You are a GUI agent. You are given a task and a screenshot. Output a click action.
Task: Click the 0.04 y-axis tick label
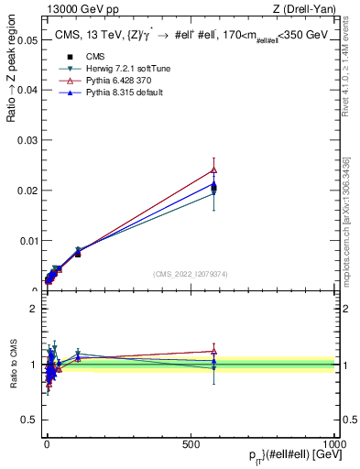pos(27,91)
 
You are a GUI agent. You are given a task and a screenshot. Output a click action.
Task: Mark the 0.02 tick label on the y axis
pos(27,191)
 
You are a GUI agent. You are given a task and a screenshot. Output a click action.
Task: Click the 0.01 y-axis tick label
pos(27,241)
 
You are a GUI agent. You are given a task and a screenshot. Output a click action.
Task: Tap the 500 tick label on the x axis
pos(191,442)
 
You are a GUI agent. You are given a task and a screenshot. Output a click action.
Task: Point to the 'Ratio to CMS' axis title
pos(13,364)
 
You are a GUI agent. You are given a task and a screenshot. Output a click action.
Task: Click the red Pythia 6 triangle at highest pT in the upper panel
pos(213,169)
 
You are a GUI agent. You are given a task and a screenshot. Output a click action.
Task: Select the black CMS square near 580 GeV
pos(213,189)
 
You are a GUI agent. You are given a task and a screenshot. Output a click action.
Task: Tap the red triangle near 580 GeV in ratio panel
pos(213,351)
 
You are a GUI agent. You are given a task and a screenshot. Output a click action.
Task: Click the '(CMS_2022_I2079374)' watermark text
pos(190,273)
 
